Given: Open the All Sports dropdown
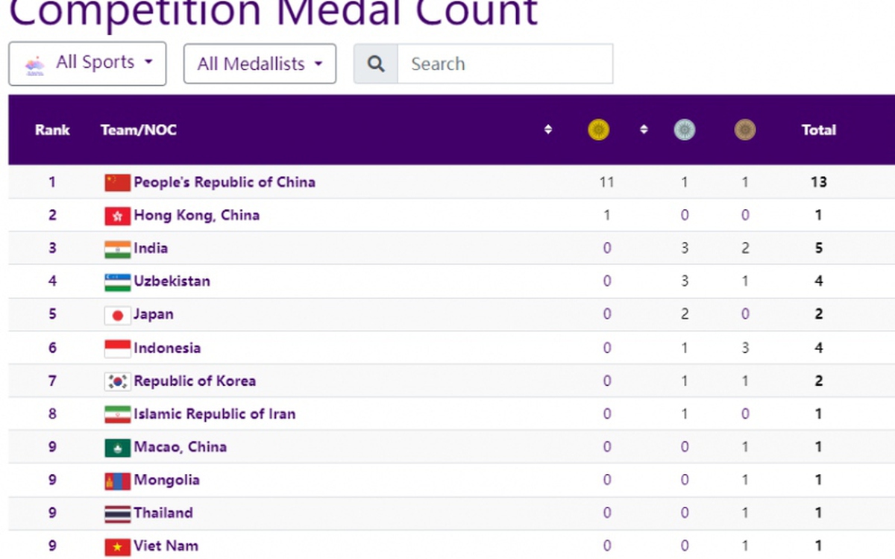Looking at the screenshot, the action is tap(87, 63).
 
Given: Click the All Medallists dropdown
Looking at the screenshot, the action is tap(260, 63).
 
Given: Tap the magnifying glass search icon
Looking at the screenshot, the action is tap(376, 64).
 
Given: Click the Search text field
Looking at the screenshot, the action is tap(505, 64).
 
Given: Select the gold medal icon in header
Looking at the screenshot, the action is tap(598, 130).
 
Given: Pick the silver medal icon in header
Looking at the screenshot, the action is tap(685, 130).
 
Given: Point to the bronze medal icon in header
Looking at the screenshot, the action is tap(745, 130).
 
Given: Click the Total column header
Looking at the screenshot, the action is tap(819, 130).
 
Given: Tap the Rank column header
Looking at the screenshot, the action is tap(52, 130).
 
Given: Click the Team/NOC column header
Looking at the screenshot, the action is tap(139, 130).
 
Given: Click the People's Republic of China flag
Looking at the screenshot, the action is tap(118, 183).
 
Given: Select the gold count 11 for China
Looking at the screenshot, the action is tap(606, 182).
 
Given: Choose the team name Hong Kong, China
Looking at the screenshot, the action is tap(197, 215).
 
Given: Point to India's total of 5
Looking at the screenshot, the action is tap(819, 248).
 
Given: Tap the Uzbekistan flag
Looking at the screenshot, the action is tap(118, 282).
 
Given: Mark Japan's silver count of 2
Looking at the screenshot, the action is tap(685, 314).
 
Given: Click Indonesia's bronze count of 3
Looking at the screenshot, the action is tap(745, 348).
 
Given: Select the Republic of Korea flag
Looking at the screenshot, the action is tap(118, 381).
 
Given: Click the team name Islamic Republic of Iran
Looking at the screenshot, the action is tap(215, 414).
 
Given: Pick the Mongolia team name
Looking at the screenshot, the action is tap(166, 480).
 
